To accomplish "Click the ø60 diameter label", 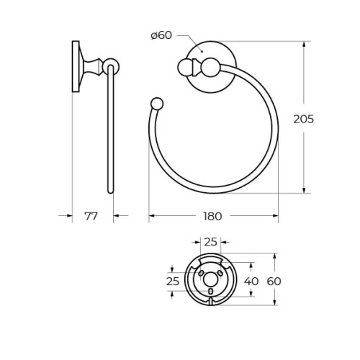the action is click(x=161, y=35).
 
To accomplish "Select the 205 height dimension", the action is click(x=304, y=119).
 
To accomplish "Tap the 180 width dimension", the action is click(x=212, y=216).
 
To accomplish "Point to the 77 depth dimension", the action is click(x=91, y=216).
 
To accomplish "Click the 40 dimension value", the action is click(x=251, y=281).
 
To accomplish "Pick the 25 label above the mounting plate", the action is click(x=210, y=242).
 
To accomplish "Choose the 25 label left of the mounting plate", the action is click(x=173, y=281).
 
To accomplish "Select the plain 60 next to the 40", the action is click(x=274, y=281).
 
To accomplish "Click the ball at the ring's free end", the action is click(x=157, y=104).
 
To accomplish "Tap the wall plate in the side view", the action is click(x=76, y=66).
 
